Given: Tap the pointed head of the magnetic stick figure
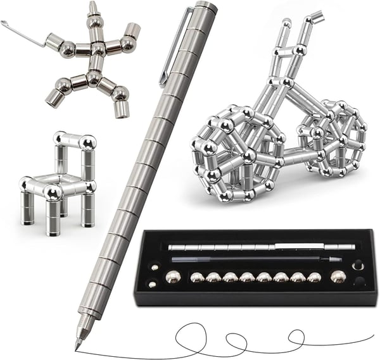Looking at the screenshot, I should [93, 9].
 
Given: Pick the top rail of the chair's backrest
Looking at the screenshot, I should [74, 140].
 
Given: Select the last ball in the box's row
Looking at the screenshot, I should [339, 276].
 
